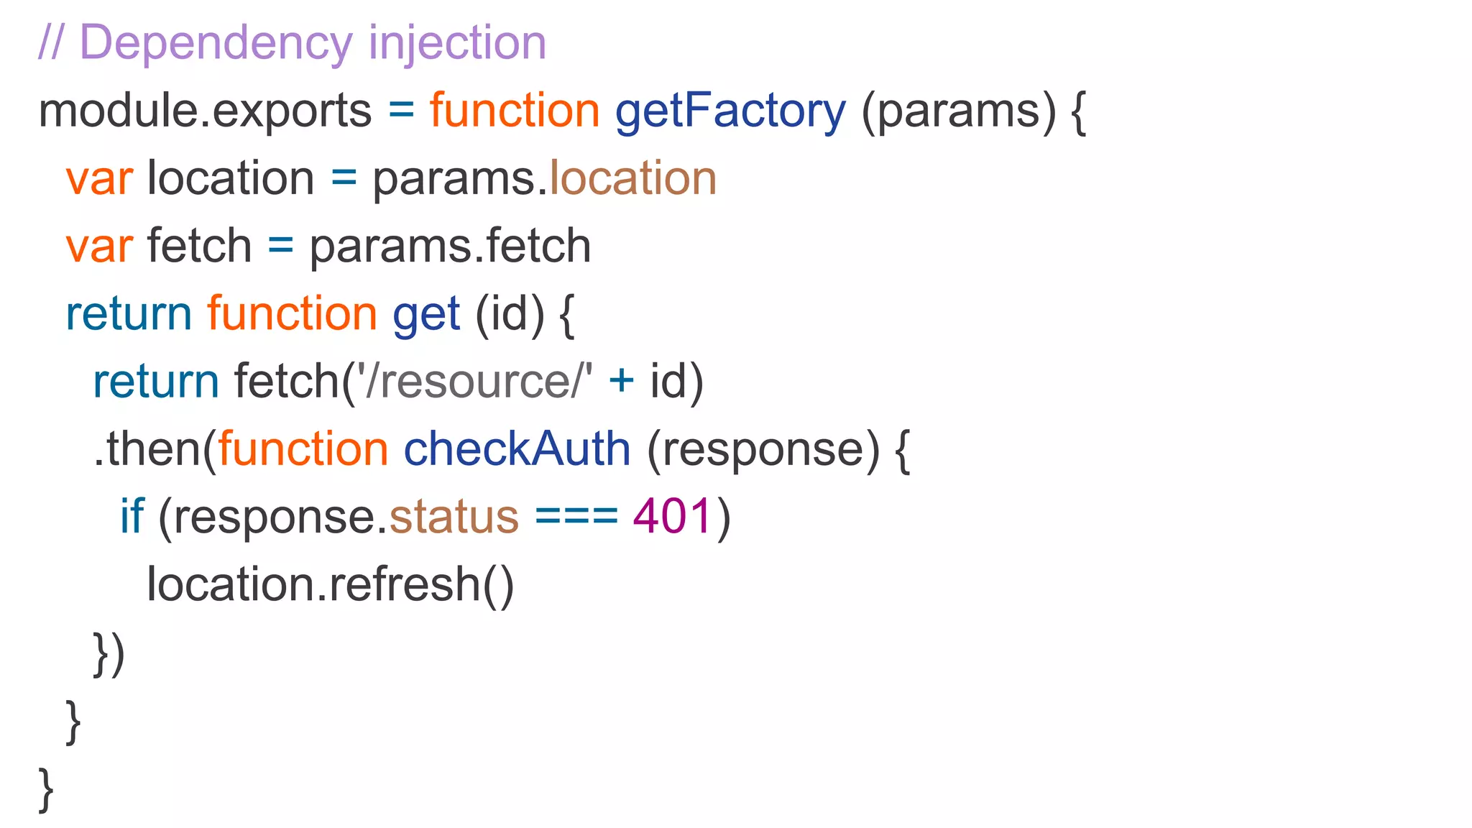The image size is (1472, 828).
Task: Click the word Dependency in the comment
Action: coord(215,43)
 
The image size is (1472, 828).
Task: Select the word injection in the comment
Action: coord(457,43)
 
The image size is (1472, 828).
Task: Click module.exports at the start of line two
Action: coord(205,111)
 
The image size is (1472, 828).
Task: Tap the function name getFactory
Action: coord(730,111)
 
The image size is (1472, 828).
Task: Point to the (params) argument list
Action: coord(959,111)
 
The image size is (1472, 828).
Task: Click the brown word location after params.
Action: coord(633,178)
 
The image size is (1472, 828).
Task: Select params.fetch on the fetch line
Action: coord(450,246)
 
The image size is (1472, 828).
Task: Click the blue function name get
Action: coord(426,314)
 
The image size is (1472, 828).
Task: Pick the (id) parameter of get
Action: coord(510,314)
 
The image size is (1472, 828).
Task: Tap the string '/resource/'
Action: coord(475,381)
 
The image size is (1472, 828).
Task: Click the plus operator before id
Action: coord(621,381)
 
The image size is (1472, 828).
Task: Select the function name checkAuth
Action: coord(517,449)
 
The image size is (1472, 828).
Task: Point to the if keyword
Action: coord(132,517)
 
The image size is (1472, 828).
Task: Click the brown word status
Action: coord(454,517)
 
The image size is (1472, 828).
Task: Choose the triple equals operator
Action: coord(576,517)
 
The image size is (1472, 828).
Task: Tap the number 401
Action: coord(673,517)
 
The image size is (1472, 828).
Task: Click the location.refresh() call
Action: coord(331,584)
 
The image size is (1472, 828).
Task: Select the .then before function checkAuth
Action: coord(147,449)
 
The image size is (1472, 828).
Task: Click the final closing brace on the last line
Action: coord(46,789)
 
